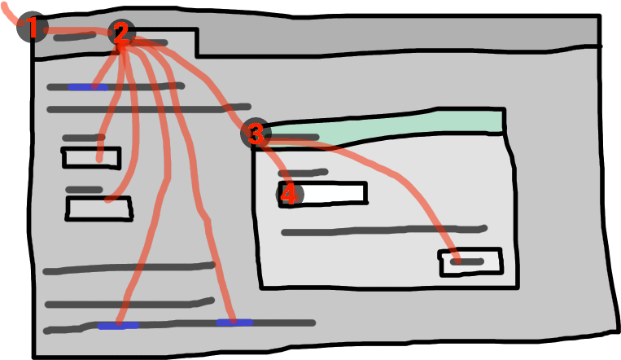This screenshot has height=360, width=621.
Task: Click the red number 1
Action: pos(33,29)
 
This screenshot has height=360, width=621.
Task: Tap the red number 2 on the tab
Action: pos(120,33)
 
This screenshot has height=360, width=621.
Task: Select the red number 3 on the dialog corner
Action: pos(256,134)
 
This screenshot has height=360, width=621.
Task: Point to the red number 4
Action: pos(289,195)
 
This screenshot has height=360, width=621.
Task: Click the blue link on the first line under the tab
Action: pos(87,87)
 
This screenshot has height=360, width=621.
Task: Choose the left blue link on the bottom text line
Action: pos(118,326)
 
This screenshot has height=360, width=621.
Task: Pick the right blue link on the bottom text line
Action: pos(234,323)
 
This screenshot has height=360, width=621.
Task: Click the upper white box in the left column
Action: pos(91,157)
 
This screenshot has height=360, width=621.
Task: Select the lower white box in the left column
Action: pos(98,209)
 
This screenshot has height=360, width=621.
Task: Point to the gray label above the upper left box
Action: pos(83,138)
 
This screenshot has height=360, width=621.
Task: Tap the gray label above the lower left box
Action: pos(84,190)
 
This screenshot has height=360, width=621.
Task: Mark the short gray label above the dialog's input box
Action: pos(303,173)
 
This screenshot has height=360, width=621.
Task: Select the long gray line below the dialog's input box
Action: pos(383,231)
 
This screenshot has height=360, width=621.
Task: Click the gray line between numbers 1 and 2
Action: pos(73,36)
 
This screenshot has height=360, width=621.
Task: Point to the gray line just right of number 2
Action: pos(151,42)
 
